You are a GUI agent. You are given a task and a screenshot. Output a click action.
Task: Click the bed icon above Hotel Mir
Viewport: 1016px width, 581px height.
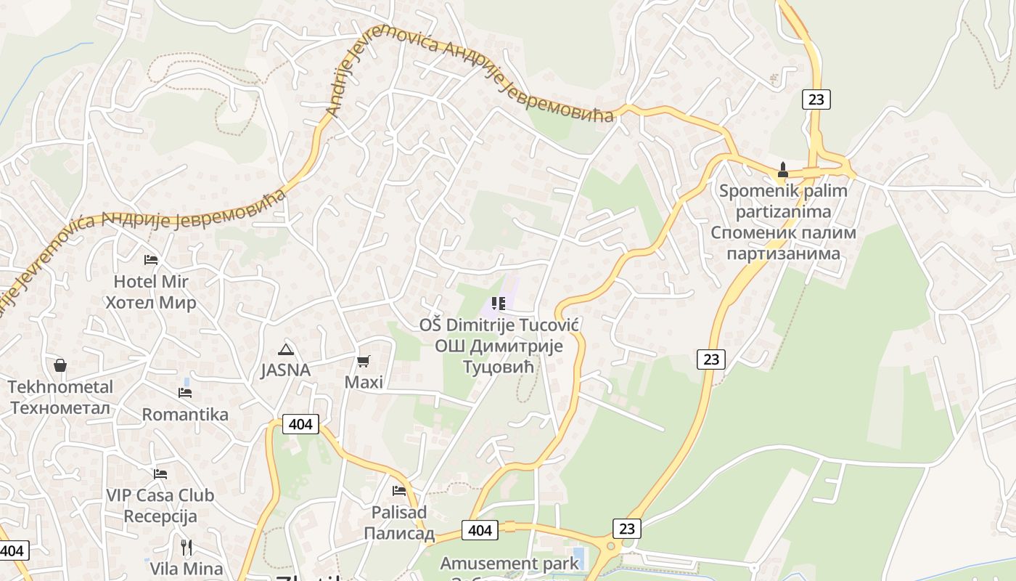pyautogui.click(x=151, y=259)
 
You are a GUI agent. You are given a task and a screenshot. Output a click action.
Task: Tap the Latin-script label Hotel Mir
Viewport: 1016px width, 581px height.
pyautogui.click(x=151, y=281)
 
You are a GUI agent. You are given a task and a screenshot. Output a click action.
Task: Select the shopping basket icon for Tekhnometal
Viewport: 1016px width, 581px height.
pyautogui.click(x=60, y=365)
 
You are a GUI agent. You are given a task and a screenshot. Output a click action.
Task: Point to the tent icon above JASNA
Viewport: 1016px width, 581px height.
pyautogui.click(x=286, y=349)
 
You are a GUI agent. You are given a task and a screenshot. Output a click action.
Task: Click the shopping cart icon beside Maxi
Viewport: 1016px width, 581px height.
pyautogui.click(x=364, y=361)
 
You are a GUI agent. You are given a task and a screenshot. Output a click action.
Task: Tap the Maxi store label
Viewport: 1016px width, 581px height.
pyautogui.click(x=364, y=382)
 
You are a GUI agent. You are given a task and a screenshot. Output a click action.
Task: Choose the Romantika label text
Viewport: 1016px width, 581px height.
pyautogui.click(x=185, y=415)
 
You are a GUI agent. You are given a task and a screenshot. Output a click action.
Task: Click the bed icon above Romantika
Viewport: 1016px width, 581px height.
pyautogui.click(x=185, y=393)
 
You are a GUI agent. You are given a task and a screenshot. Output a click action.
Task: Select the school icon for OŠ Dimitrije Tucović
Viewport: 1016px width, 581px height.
pyautogui.click(x=499, y=304)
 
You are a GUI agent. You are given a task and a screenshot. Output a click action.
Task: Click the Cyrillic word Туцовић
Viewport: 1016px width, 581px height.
pyautogui.click(x=499, y=367)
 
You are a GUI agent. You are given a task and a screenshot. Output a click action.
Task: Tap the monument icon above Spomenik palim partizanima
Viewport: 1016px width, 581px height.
pyautogui.click(x=783, y=170)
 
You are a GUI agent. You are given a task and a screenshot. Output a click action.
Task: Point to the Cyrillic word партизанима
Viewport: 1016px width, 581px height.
pyautogui.click(x=783, y=253)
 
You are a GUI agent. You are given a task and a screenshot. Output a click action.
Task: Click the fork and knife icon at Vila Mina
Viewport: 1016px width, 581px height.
pyautogui.click(x=187, y=547)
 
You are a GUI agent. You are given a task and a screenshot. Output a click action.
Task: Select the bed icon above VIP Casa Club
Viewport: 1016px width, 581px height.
pyautogui.click(x=160, y=474)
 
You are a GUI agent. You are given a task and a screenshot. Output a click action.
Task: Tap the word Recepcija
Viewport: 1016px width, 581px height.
pyautogui.click(x=160, y=516)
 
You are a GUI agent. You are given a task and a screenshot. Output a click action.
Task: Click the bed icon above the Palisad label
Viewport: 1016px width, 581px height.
pyautogui.click(x=399, y=491)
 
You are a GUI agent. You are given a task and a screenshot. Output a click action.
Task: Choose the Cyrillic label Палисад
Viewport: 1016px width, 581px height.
pyautogui.click(x=399, y=534)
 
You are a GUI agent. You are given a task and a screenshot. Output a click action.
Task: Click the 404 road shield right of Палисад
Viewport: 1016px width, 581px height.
pyautogui.click(x=480, y=530)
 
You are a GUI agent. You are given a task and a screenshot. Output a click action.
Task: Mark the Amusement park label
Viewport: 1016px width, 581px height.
pyautogui.click(x=509, y=563)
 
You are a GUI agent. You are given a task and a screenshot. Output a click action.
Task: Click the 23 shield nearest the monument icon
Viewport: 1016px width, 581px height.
pyautogui.click(x=816, y=99)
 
